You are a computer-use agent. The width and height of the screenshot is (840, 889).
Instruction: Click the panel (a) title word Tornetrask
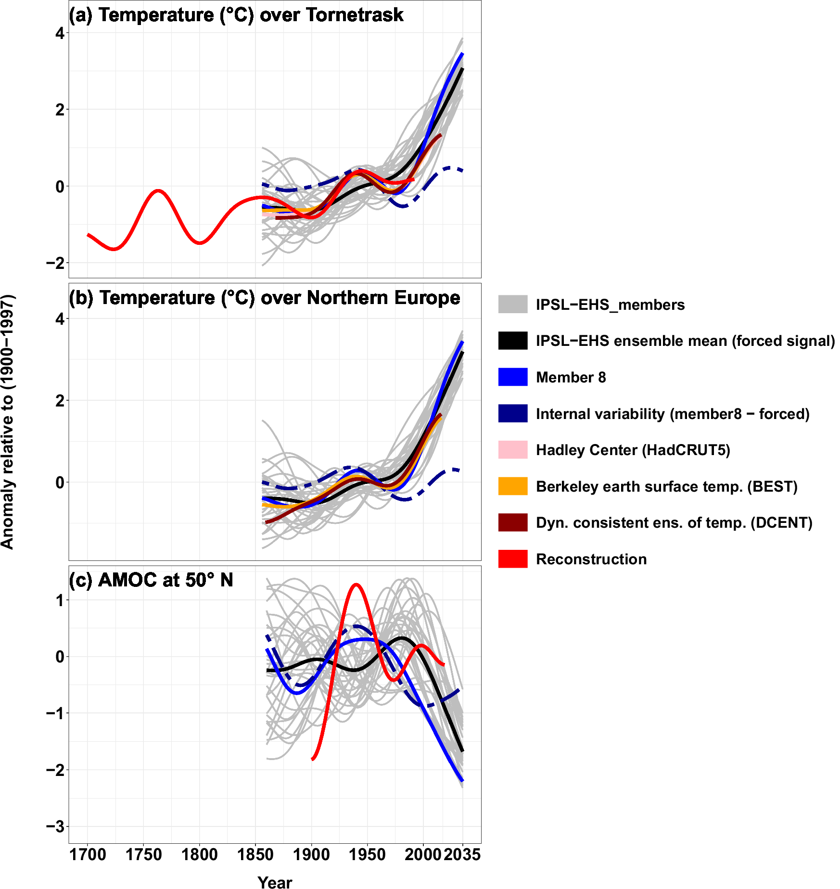[355, 15]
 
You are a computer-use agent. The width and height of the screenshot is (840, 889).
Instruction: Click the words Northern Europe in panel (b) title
[383, 298]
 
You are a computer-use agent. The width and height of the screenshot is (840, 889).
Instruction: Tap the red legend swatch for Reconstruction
[513, 559]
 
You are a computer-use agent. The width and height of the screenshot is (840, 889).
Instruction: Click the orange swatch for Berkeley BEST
[513, 486]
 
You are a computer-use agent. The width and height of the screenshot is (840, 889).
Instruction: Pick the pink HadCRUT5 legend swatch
[513, 450]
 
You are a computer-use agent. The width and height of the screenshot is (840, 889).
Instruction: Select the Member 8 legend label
[571, 377]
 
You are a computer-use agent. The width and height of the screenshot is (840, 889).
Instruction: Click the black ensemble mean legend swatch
[513, 341]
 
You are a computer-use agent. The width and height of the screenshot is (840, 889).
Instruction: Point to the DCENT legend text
[674, 522]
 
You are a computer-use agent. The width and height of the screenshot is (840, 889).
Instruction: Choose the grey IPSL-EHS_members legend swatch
[513, 305]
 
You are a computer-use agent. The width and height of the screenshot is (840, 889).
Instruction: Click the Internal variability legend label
[672, 414]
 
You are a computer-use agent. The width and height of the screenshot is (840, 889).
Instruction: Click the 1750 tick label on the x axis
[143, 855]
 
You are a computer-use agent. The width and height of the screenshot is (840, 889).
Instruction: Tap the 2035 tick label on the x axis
[462, 855]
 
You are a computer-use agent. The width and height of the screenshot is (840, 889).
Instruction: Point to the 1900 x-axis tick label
[311, 855]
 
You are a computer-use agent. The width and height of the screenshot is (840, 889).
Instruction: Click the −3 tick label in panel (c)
[55, 827]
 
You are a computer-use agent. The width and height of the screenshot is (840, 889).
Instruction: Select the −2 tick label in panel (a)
[55, 263]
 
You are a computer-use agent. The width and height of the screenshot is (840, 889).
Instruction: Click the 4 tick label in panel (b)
[60, 319]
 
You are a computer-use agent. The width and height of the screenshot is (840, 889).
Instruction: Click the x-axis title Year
[275, 882]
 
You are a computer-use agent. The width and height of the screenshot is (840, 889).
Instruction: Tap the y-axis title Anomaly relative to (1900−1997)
[8, 422]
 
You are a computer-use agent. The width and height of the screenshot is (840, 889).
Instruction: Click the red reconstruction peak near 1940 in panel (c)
[356, 585]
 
